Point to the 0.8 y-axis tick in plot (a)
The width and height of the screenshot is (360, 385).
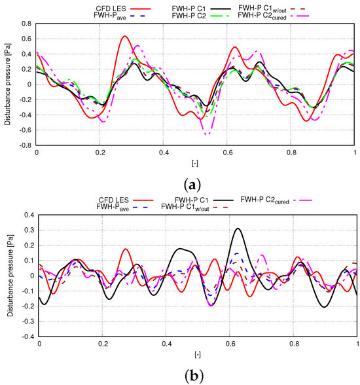26,23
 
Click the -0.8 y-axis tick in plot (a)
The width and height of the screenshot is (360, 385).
25,145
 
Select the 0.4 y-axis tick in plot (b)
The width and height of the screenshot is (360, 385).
27,215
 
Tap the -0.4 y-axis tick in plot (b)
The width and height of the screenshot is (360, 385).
25,337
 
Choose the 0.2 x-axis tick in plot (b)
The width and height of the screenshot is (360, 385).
103,344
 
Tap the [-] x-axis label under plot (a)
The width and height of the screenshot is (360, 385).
196,161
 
